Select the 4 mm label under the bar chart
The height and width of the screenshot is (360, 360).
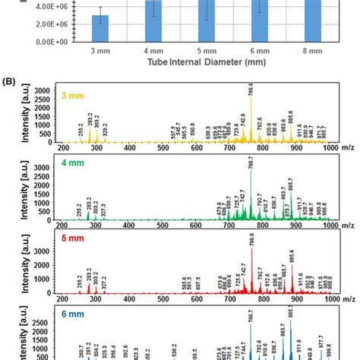point(153,51)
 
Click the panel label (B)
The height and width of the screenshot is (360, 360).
point(13,78)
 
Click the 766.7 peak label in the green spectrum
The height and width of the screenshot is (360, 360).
point(251,165)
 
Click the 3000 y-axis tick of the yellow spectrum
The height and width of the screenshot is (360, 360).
point(46,90)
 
